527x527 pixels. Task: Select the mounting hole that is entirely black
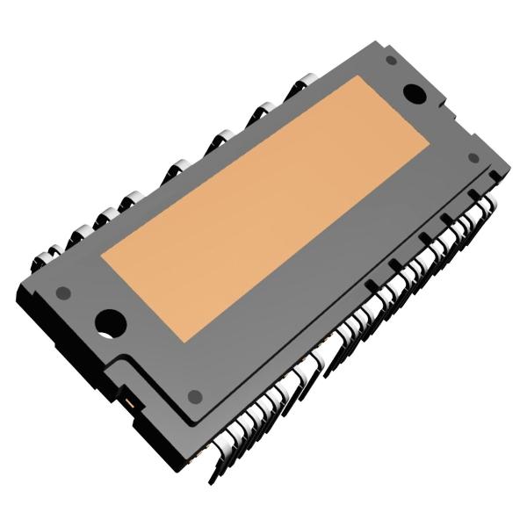pyautogui.click(x=413, y=91)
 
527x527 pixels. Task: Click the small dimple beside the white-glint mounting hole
pyautogui.click(x=62, y=292)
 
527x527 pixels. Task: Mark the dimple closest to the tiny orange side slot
pyautogui.click(x=195, y=395)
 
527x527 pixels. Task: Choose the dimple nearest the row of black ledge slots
pyautogui.click(x=473, y=158)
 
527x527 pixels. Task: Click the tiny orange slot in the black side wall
pyautogui.click(x=131, y=403)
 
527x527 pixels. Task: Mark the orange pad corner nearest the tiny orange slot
pyautogui.click(x=187, y=340)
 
